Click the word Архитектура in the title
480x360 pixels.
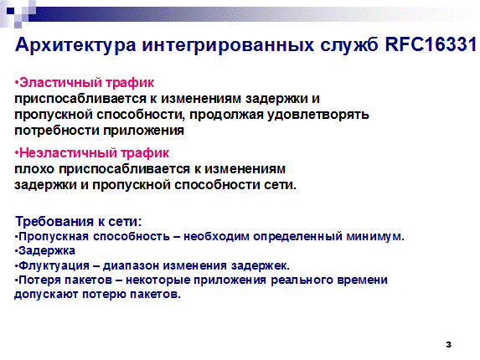point(75,45)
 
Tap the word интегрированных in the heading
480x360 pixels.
point(228,45)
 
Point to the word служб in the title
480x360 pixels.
point(349,45)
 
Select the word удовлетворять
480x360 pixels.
point(318,115)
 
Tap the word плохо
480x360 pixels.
point(34,169)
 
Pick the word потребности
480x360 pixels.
point(57,131)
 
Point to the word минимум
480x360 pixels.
point(375,237)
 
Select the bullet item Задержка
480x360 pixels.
point(47,251)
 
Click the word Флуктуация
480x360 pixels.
point(54,265)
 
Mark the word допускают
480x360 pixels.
point(47,295)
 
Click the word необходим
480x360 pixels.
point(216,237)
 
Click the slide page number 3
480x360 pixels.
point(448,344)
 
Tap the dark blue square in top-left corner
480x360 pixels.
point(11,11)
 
